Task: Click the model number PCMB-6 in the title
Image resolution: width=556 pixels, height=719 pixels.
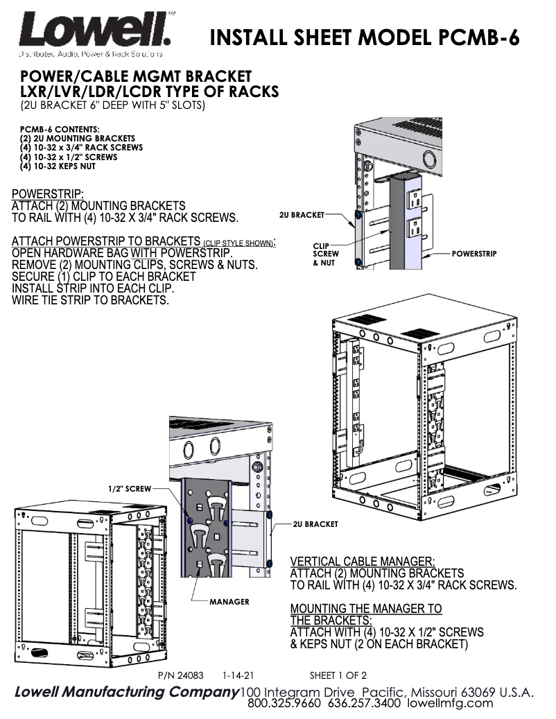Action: point(479,36)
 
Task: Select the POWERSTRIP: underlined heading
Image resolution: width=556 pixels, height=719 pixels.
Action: point(48,193)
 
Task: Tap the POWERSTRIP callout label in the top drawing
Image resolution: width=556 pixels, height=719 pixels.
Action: point(474,254)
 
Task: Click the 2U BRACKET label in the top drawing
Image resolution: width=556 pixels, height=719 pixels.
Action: point(302,215)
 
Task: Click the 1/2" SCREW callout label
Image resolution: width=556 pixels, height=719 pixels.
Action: point(129,489)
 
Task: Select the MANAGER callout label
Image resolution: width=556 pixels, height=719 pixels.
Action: point(229,601)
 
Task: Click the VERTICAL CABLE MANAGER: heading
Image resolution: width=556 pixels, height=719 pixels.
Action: point(363,561)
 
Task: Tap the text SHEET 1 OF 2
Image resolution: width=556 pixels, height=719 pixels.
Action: point(338,675)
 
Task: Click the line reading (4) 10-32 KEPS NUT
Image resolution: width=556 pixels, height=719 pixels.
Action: point(58,166)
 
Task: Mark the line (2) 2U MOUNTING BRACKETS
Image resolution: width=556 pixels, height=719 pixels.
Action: point(78,139)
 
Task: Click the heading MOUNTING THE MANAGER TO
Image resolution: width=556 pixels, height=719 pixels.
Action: point(365,609)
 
